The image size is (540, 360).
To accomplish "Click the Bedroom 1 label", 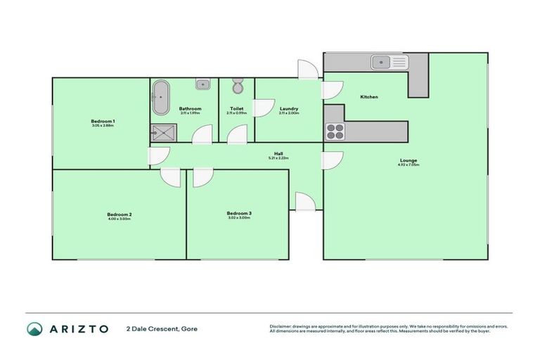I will pos(103,122).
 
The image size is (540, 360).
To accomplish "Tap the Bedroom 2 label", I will pos(120,214).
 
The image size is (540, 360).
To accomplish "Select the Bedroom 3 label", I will pos(239,213).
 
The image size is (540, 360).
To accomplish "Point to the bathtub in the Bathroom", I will pos(161,98).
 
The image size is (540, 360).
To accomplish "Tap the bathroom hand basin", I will pos(202,84).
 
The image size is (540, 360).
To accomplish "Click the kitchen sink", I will pos(389,63).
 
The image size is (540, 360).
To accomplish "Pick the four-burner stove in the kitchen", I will pos(334,131).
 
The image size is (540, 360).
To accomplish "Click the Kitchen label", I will pos(369,96).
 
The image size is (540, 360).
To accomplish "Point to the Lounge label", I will pos(408,160).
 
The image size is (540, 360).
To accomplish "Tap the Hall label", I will pos(278,154).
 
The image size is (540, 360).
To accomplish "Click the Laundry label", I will pos(288,108).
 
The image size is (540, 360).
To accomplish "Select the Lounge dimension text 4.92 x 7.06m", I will pos(408,165).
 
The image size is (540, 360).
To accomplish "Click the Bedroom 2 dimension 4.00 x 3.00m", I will pos(120,219).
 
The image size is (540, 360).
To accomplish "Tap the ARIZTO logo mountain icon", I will pos(34,329).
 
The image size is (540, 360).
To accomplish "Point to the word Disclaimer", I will pos(281,326).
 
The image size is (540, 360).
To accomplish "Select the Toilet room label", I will pos(236,108).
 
